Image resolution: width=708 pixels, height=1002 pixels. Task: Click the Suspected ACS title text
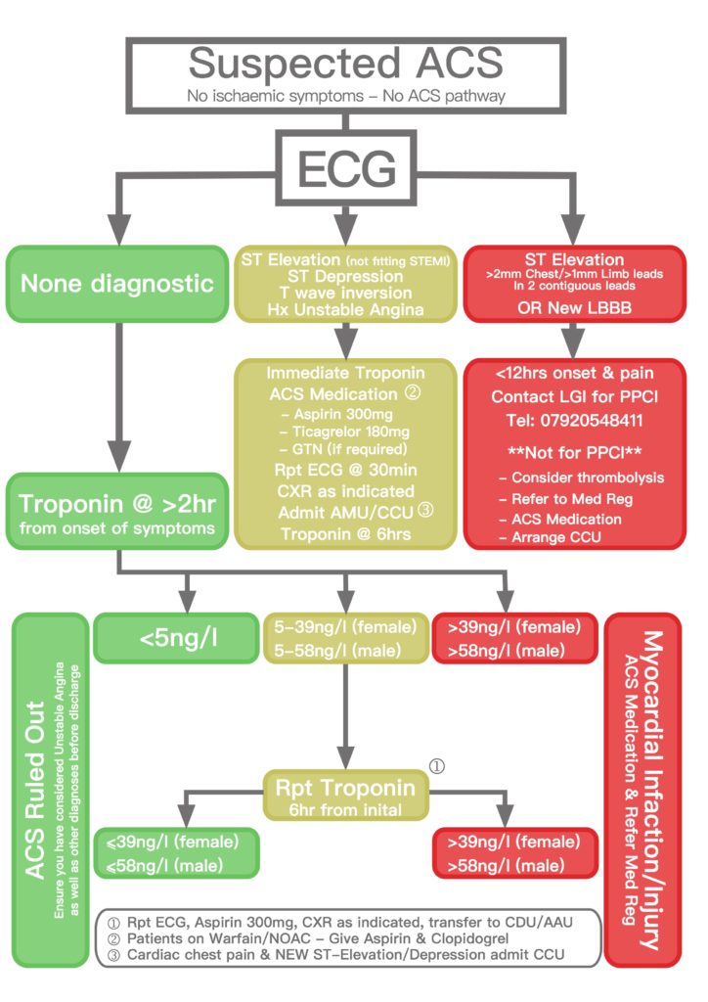[x=347, y=63]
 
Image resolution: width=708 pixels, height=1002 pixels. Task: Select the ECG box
[x=346, y=169]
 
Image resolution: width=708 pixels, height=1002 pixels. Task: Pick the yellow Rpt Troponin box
[x=346, y=796]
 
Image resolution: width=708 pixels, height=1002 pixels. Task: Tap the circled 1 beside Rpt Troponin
[x=438, y=766]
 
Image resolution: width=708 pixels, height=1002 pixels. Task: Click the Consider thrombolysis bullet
[x=588, y=478]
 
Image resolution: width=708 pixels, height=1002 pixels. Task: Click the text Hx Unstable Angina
[x=344, y=308]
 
